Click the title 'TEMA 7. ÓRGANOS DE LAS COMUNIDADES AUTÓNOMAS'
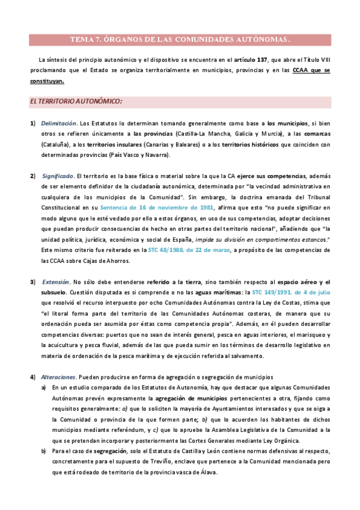(180, 40)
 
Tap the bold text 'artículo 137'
(251, 60)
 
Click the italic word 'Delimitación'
(58, 124)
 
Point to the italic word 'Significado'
(57, 176)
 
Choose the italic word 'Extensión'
(55, 282)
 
